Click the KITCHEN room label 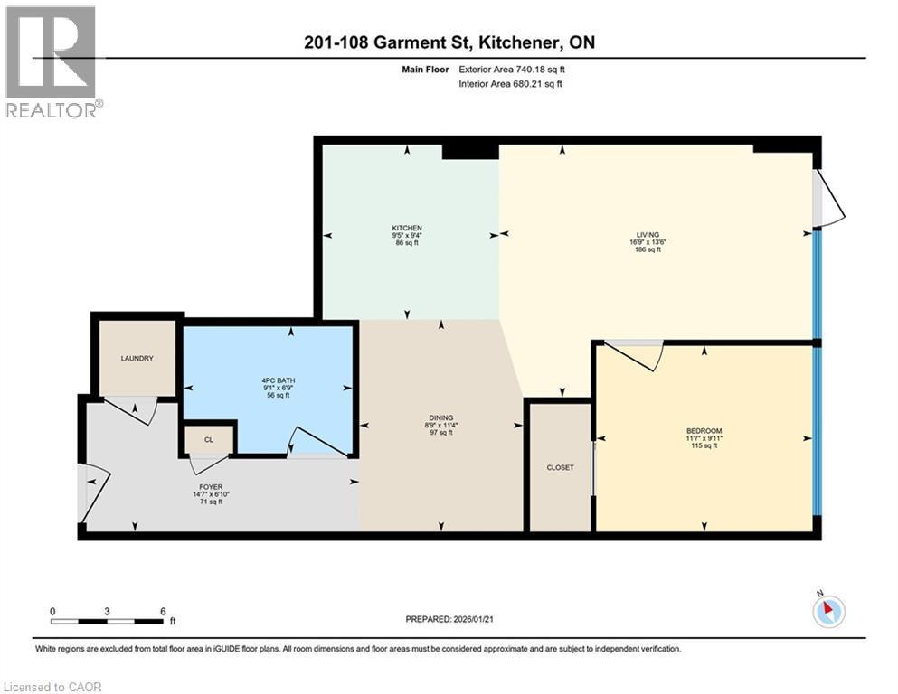coord(407,228)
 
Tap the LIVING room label coord(648,235)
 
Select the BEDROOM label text coord(704,431)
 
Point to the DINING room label coord(441,417)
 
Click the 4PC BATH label coord(279,380)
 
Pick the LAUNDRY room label coord(137,358)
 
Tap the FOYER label coord(212,487)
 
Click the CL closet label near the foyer coord(209,440)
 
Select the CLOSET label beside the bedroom coord(560,467)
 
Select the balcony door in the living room coord(829,197)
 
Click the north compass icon coord(828,610)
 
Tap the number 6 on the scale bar coord(163,611)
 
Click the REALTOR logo coord(54,61)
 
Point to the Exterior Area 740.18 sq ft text coord(512,70)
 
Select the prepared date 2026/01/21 coord(473,619)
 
